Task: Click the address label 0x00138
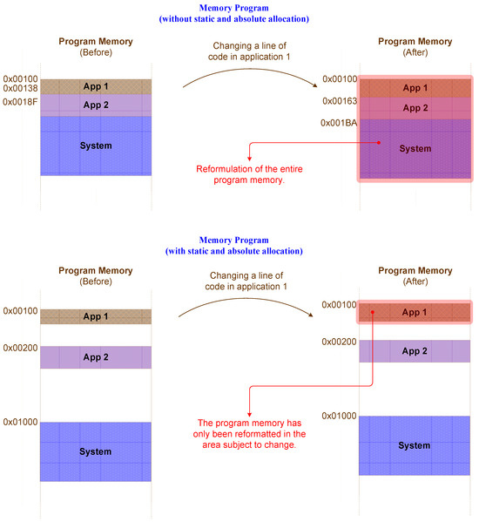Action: (20, 88)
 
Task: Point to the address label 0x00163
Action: (340, 101)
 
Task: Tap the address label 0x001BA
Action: (340, 123)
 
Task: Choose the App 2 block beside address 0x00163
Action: (415, 108)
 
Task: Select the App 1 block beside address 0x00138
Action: (96, 87)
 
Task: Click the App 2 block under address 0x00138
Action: (96, 105)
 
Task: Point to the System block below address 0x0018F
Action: (96, 146)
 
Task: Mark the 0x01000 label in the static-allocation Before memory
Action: (20, 423)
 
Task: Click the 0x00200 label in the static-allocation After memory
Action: (340, 342)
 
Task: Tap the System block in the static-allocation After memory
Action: (415, 445)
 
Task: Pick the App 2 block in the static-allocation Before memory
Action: (96, 357)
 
